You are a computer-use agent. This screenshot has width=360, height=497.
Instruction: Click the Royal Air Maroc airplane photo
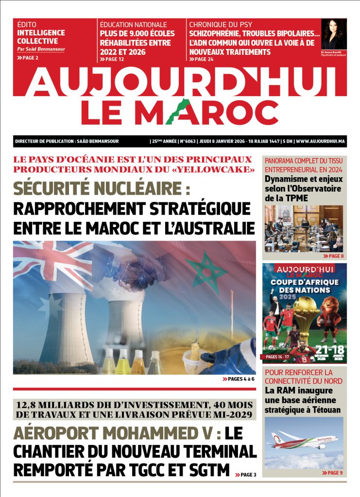click(304, 442)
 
